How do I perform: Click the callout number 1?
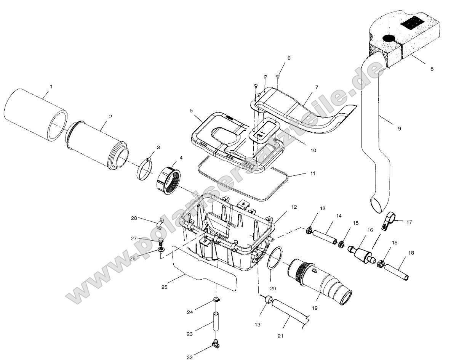(x=51, y=87)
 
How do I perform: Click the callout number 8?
(x=432, y=69)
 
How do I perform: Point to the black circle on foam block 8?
(x=389, y=38)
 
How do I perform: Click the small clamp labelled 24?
(x=216, y=299)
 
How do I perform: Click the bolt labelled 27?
(x=161, y=241)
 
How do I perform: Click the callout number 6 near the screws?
(x=289, y=58)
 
